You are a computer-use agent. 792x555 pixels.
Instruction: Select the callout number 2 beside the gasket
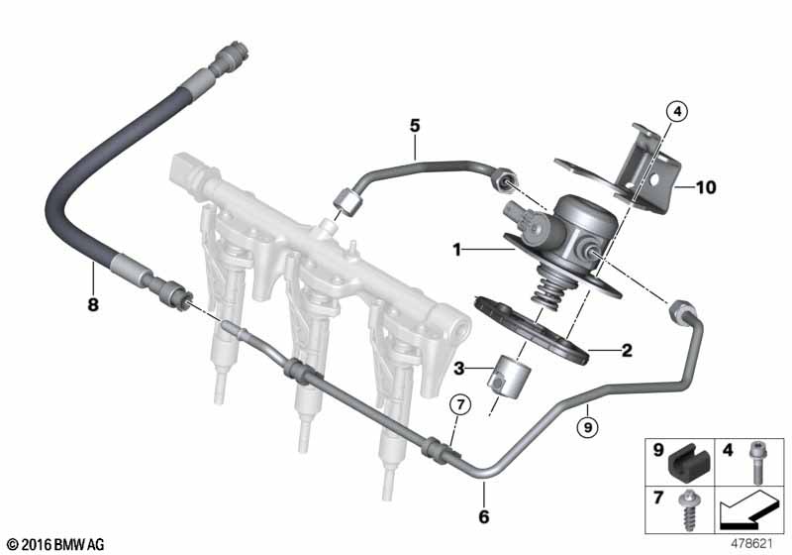pos(625,349)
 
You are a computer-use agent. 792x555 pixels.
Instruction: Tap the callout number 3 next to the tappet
pos(458,369)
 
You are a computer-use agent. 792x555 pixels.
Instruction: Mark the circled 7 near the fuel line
pos(457,405)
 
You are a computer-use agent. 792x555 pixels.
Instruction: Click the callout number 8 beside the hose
pos(94,305)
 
